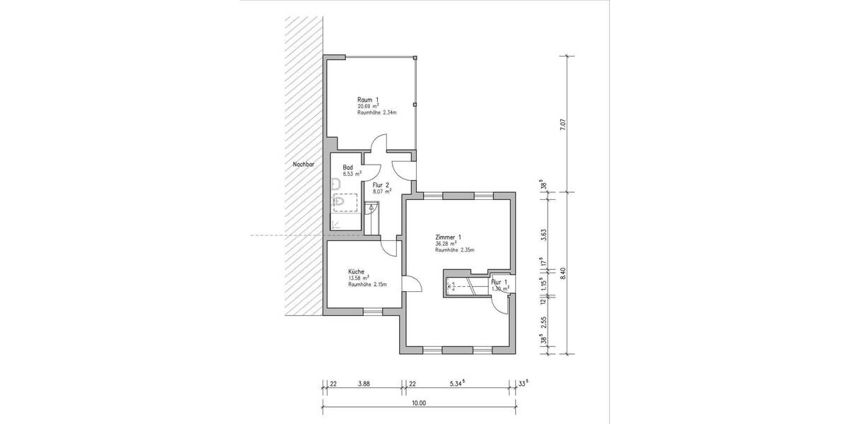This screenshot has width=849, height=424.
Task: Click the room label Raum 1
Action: pyautogui.click(x=368, y=100)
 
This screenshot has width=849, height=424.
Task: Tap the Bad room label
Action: pyautogui.click(x=348, y=167)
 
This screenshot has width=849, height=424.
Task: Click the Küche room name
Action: pyautogui.click(x=356, y=271)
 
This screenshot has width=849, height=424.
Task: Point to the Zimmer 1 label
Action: pyautogui.click(x=449, y=237)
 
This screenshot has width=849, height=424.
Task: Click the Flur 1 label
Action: pyautogui.click(x=500, y=281)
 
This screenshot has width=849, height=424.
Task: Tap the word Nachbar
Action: pyautogui.click(x=303, y=165)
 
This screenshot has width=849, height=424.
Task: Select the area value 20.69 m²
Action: pyautogui.click(x=368, y=106)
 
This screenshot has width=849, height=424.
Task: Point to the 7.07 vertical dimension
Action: pyautogui.click(x=562, y=124)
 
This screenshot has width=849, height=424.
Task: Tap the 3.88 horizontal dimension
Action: pyautogui.click(x=364, y=384)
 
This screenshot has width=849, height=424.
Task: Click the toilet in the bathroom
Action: pyautogui.click(x=339, y=202)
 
